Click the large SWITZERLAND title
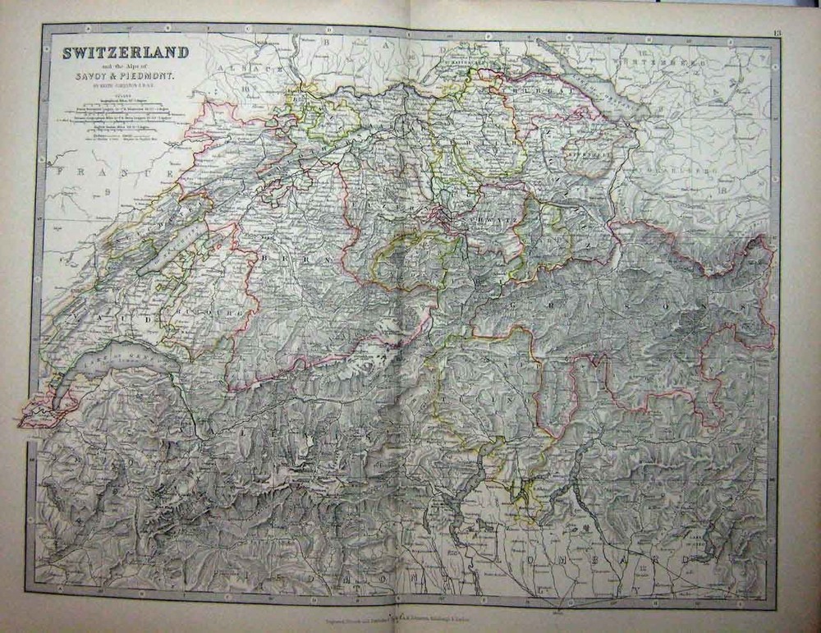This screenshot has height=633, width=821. click(x=126, y=53)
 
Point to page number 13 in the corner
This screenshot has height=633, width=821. click(x=777, y=32)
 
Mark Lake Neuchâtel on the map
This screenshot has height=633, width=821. click(x=173, y=250)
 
